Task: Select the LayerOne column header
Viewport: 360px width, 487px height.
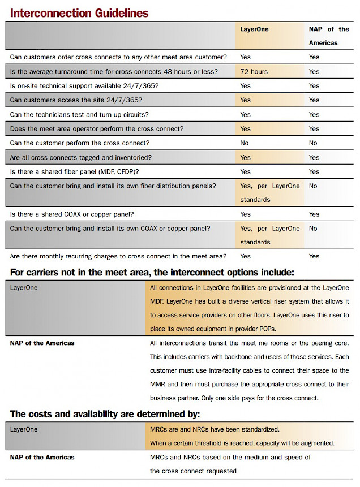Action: [254, 29]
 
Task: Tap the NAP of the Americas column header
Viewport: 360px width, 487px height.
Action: [329, 36]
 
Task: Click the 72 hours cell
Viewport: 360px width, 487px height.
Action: [254, 72]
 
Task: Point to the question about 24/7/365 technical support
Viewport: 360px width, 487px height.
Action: [84, 86]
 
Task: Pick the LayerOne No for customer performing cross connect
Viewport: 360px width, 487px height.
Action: [245, 143]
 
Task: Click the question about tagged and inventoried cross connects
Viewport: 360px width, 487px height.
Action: [81, 157]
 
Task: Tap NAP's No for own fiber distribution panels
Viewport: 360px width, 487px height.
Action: [314, 186]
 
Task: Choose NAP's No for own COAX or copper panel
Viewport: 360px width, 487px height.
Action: [314, 229]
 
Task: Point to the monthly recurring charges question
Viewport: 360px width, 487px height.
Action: [118, 257]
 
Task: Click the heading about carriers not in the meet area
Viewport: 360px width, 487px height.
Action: [152, 273]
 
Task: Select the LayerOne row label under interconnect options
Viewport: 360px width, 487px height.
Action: [24, 287]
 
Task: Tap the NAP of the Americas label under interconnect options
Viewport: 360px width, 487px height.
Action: [42, 343]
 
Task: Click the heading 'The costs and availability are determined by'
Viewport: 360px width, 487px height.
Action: [105, 414]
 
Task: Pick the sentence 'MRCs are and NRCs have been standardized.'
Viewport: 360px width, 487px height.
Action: [215, 429]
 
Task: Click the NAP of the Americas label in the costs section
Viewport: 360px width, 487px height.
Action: [42, 457]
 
